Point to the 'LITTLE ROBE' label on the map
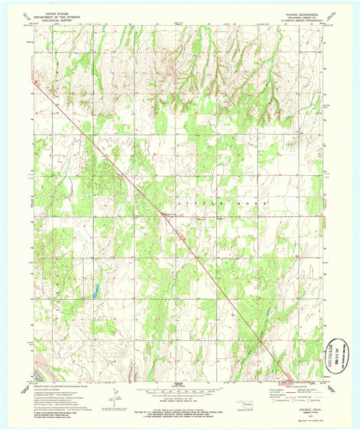coord(223,203)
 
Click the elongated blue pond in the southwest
coord(95,291)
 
